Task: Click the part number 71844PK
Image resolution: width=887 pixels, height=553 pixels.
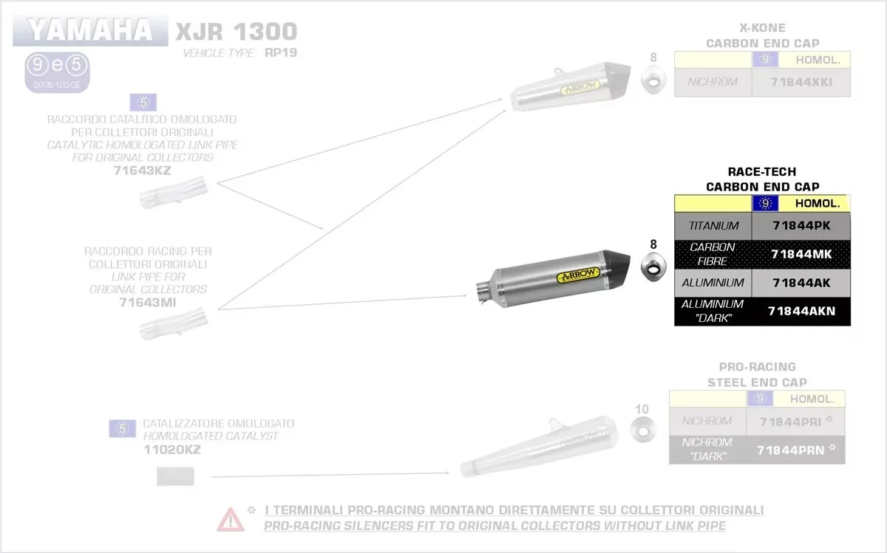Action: coord(801,226)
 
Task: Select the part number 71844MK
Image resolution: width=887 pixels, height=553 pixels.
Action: coord(801,254)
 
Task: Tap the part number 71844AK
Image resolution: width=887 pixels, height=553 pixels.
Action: coord(801,282)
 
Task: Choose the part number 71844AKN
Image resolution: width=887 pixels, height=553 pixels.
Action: coord(801,311)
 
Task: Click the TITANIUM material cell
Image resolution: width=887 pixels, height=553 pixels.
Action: coord(713,226)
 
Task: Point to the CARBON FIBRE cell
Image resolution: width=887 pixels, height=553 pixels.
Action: coord(713,254)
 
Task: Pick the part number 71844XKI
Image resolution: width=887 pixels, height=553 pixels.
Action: coord(801,82)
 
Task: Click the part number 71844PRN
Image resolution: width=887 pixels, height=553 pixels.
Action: coord(790,449)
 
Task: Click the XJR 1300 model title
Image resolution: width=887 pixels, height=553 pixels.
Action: coord(236,32)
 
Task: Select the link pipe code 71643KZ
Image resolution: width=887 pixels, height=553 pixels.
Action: coord(142,170)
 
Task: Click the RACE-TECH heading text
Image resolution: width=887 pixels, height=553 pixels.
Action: coord(762,172)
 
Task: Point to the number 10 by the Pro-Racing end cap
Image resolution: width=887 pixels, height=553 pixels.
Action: coord(641,408)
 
